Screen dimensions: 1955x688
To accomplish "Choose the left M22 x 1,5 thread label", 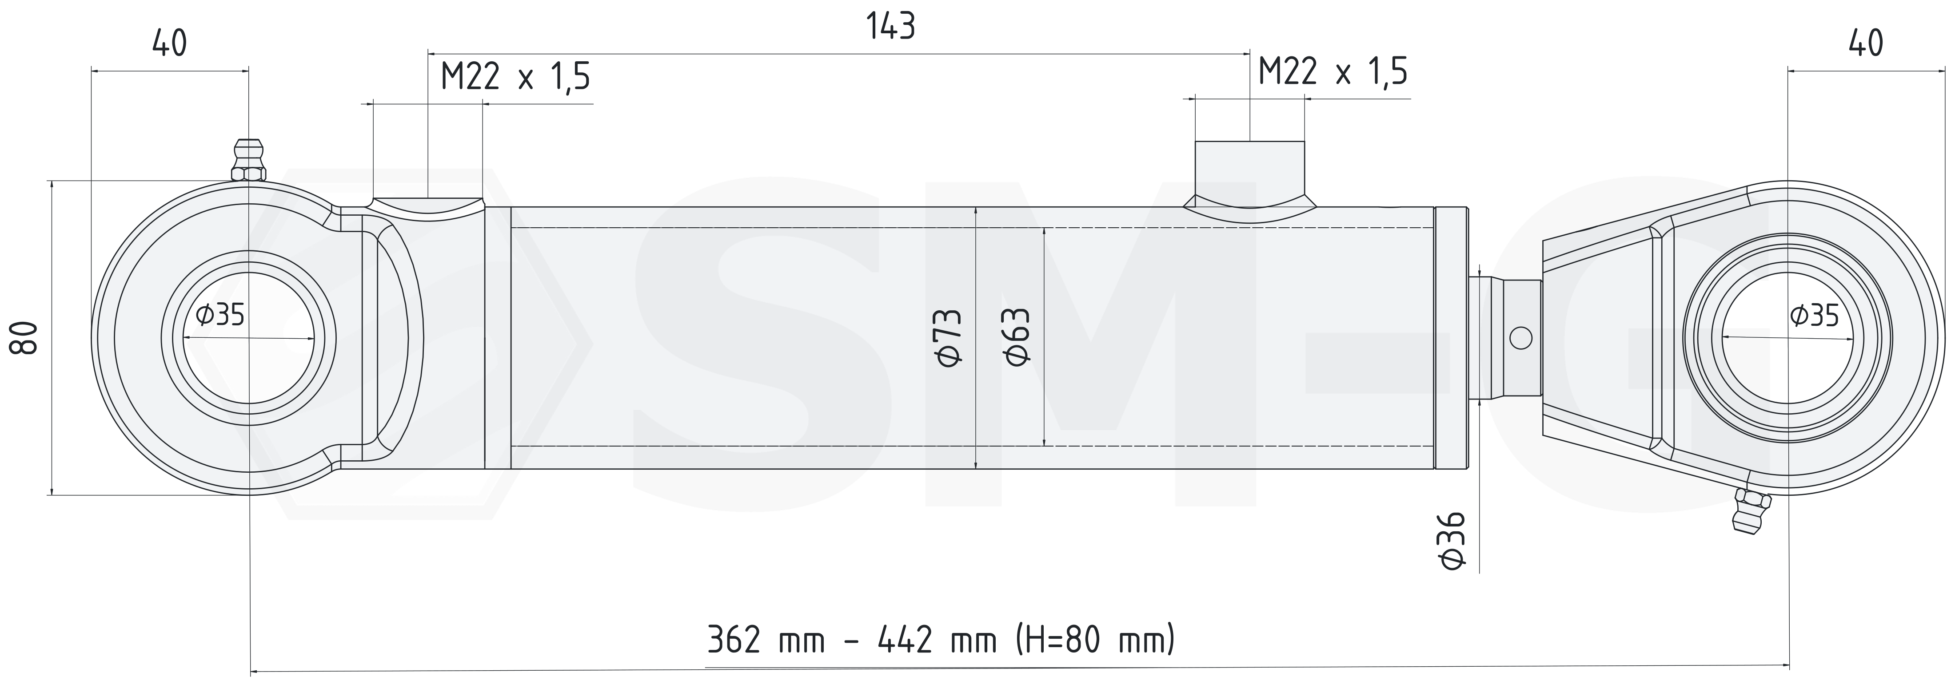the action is pyautogui.click(x=515, y=77).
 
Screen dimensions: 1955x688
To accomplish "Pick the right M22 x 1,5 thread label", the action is pyautogui.click(x=1333, y=72).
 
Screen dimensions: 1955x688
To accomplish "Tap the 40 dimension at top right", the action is pyautogui.click(x=1865, y=44).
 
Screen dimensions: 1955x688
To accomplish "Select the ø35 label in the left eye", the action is pyautogui.click(x=220, y=313).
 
